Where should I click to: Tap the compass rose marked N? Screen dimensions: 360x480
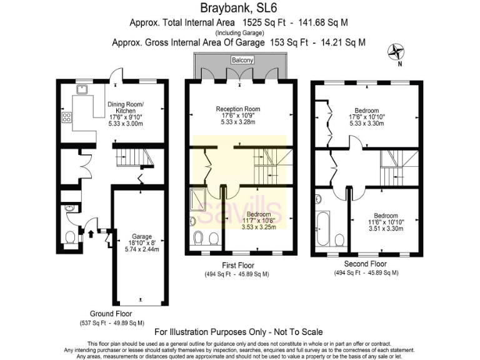pyautogui.click(x=396, y=52)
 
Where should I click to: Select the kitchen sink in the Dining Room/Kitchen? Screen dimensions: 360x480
pyautogui.click(x=82, y=90)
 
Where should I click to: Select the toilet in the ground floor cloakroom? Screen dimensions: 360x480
pyautogui.click(x=71, y=237)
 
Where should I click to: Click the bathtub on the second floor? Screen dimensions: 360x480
pyautogui.click(x=323, y=229)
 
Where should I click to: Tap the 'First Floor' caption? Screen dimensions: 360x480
pyautogui.click(x=237, y=265)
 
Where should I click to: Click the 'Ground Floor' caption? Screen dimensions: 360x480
pyautogui.click(x=110, y=314)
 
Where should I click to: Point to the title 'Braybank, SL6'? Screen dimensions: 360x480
pyautogui.click(x=239, y=8)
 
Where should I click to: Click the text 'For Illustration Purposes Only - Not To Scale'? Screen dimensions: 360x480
pyautogui.click(x=238, y=332)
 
